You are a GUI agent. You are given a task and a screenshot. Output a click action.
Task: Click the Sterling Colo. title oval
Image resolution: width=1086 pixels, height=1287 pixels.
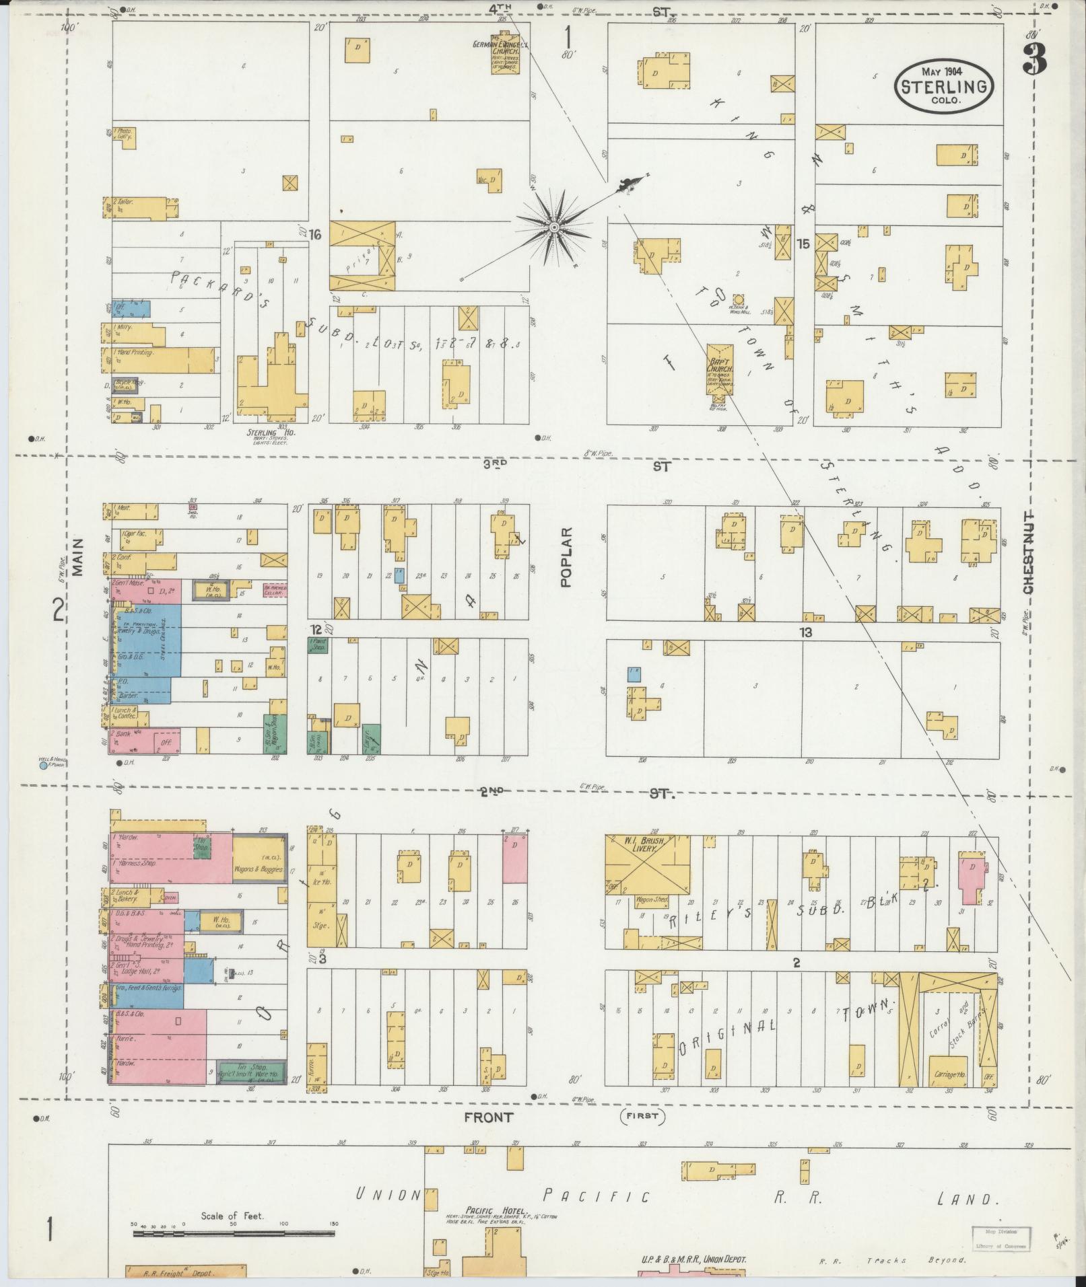[945, 86]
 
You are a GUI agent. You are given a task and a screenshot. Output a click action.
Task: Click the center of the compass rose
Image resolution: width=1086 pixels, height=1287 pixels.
[553, 227]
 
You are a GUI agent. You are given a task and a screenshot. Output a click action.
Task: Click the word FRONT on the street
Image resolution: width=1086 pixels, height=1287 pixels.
[488, 1117]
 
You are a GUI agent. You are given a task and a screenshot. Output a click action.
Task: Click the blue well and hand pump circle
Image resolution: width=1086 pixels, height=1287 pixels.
[44, 765]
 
